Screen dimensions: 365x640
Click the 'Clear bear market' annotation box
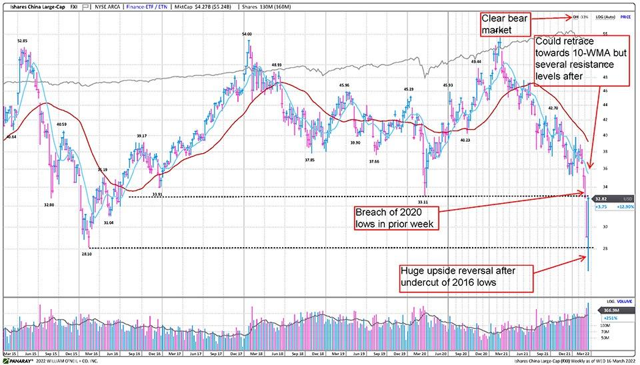(505, 24)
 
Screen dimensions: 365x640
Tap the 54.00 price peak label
(247, 33)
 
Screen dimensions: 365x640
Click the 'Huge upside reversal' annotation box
(466, 278)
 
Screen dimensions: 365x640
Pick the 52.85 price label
(22, 41)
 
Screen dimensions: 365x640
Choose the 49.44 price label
(476, 61)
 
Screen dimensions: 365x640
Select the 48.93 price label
(277, 65)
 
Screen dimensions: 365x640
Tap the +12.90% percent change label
(627, 207)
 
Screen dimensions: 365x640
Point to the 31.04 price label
(109, 222)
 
